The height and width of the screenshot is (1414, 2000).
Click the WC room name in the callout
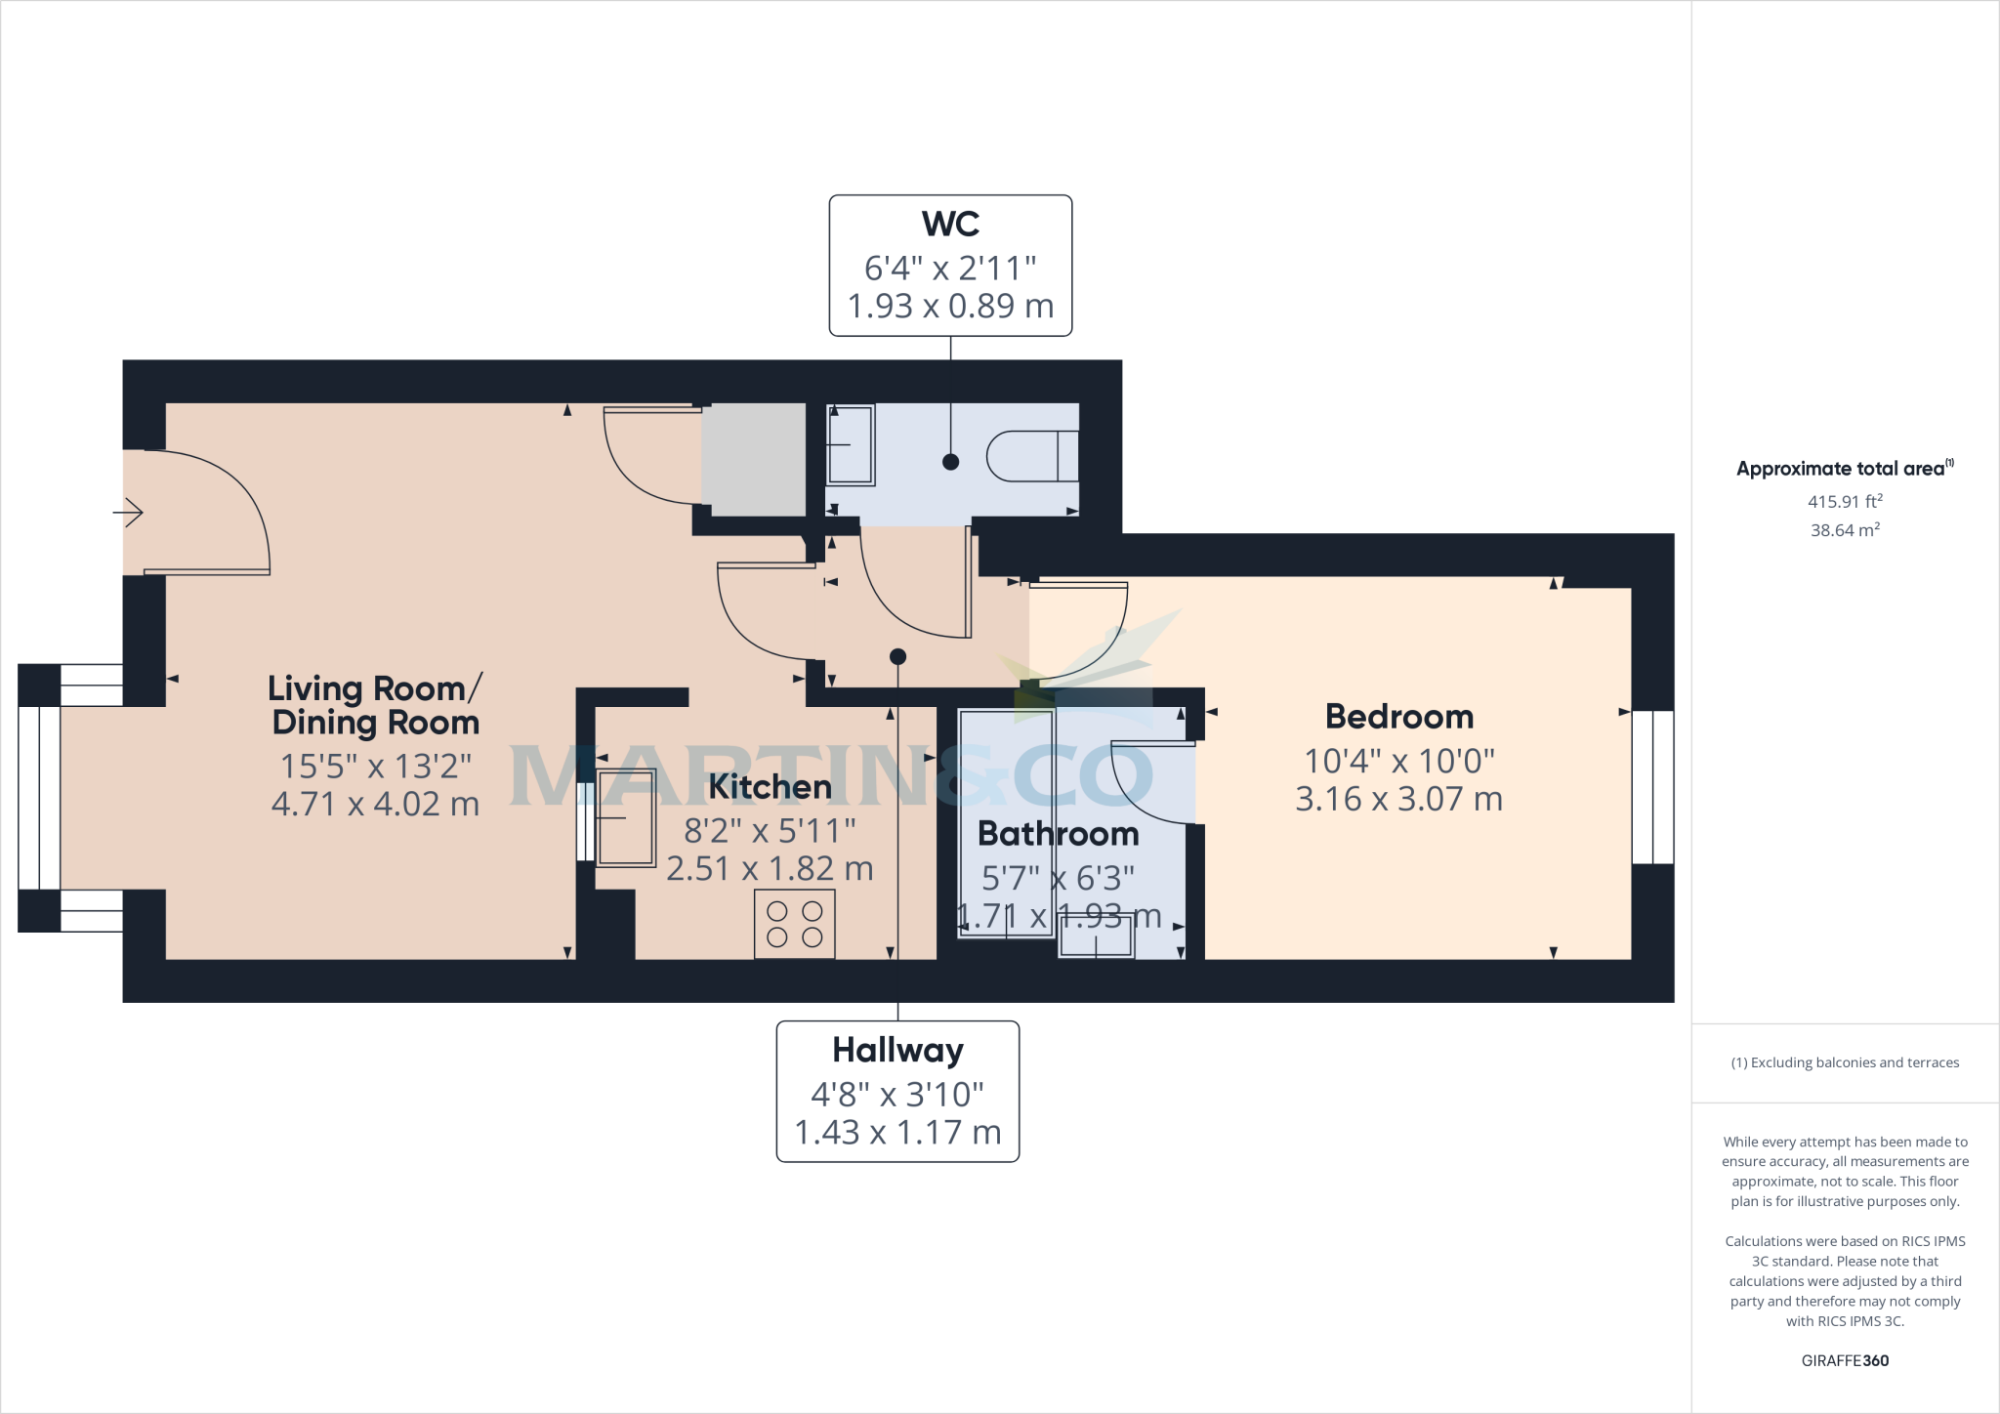[x=950, y=225]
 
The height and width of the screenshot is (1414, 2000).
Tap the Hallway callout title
[x=897, y=1051]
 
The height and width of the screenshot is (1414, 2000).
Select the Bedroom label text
[x=1398, y=717]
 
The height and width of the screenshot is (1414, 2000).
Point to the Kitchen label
[x=770, y=787]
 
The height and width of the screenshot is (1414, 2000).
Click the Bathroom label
[x=1058, y=834]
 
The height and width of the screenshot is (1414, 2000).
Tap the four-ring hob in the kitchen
[x=794, y=924]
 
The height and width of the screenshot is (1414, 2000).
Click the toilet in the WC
[x=1032, y=456]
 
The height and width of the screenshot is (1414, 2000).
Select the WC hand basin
[x=850, y=445]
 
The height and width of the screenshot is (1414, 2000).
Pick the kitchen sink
[x=626, y=816]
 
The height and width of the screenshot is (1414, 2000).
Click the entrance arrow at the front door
[x=129, y=512]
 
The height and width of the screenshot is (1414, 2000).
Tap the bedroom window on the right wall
[x=1652, y=787]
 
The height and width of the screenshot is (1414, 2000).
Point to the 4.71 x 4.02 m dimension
[x=375, y=804]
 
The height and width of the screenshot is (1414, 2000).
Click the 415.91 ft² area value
[x=1845, y=502]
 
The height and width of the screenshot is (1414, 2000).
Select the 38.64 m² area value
[x=1845, y=530]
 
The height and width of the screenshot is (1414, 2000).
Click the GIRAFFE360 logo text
[x=1845, y=1360]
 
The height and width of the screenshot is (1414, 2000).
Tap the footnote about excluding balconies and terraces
[x=1845, y=1062]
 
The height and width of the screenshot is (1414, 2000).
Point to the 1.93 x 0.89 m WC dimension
[x=950, y=307]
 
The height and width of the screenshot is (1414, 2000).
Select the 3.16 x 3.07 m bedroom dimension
[x=1398, y=800]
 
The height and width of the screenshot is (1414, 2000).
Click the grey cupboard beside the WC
[x=754, y=459]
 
